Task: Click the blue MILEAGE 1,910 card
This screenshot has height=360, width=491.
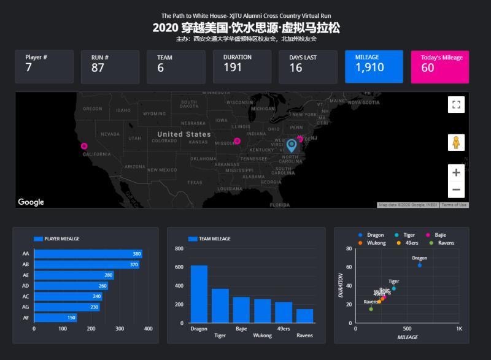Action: click(374, 66)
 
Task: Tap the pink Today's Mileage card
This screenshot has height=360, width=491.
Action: click(439, 66)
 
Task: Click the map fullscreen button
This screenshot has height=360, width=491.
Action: click(456, 105)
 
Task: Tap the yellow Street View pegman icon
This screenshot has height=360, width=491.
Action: click(456, 143)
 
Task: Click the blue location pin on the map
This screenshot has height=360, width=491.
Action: click(292, 145)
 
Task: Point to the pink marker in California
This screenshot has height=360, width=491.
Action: click(84, 146)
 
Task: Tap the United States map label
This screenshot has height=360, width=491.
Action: click(184, 134)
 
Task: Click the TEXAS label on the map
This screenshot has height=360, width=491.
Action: click(195, 182)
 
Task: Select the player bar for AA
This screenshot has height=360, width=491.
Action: click(88, 254)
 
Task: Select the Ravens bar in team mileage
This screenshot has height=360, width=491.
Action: click(304, 315)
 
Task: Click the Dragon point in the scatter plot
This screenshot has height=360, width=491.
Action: click(420, 265)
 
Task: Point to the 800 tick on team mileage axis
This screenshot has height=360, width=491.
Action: click(179, 249)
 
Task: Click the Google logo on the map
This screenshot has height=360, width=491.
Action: click(31, 202)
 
